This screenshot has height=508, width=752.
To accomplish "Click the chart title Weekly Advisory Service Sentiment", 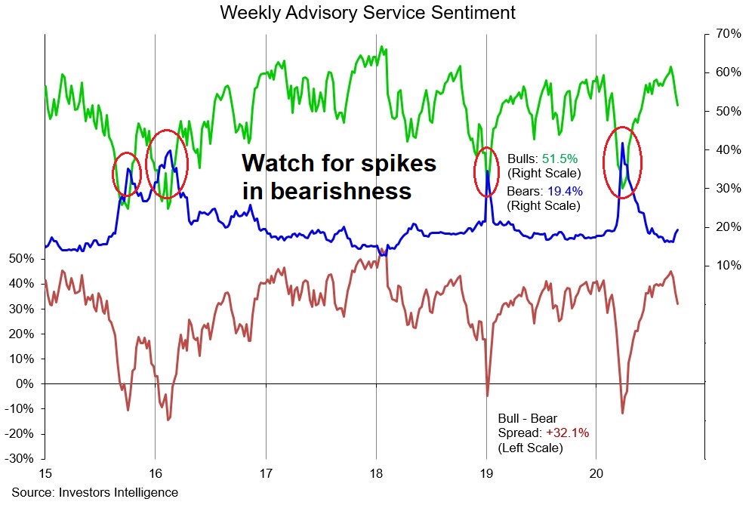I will (x=368, y=13).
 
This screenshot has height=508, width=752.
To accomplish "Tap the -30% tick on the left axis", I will (x=21, y=458).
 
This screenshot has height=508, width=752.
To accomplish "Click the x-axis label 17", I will (x=265, y=474).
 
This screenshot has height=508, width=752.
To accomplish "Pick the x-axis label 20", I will (x=596, y=474).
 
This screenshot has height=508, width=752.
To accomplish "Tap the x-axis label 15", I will (x=45, y=474).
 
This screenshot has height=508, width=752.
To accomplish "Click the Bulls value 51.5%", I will (x=559, y=159).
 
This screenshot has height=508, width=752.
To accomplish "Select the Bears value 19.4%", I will (x=562, y=192).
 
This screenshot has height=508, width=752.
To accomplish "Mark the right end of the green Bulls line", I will (x=677, y=105).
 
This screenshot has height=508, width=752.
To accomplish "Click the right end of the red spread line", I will (x=678, y=303).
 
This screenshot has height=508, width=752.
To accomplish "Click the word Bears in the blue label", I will (x=522, y=192).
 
